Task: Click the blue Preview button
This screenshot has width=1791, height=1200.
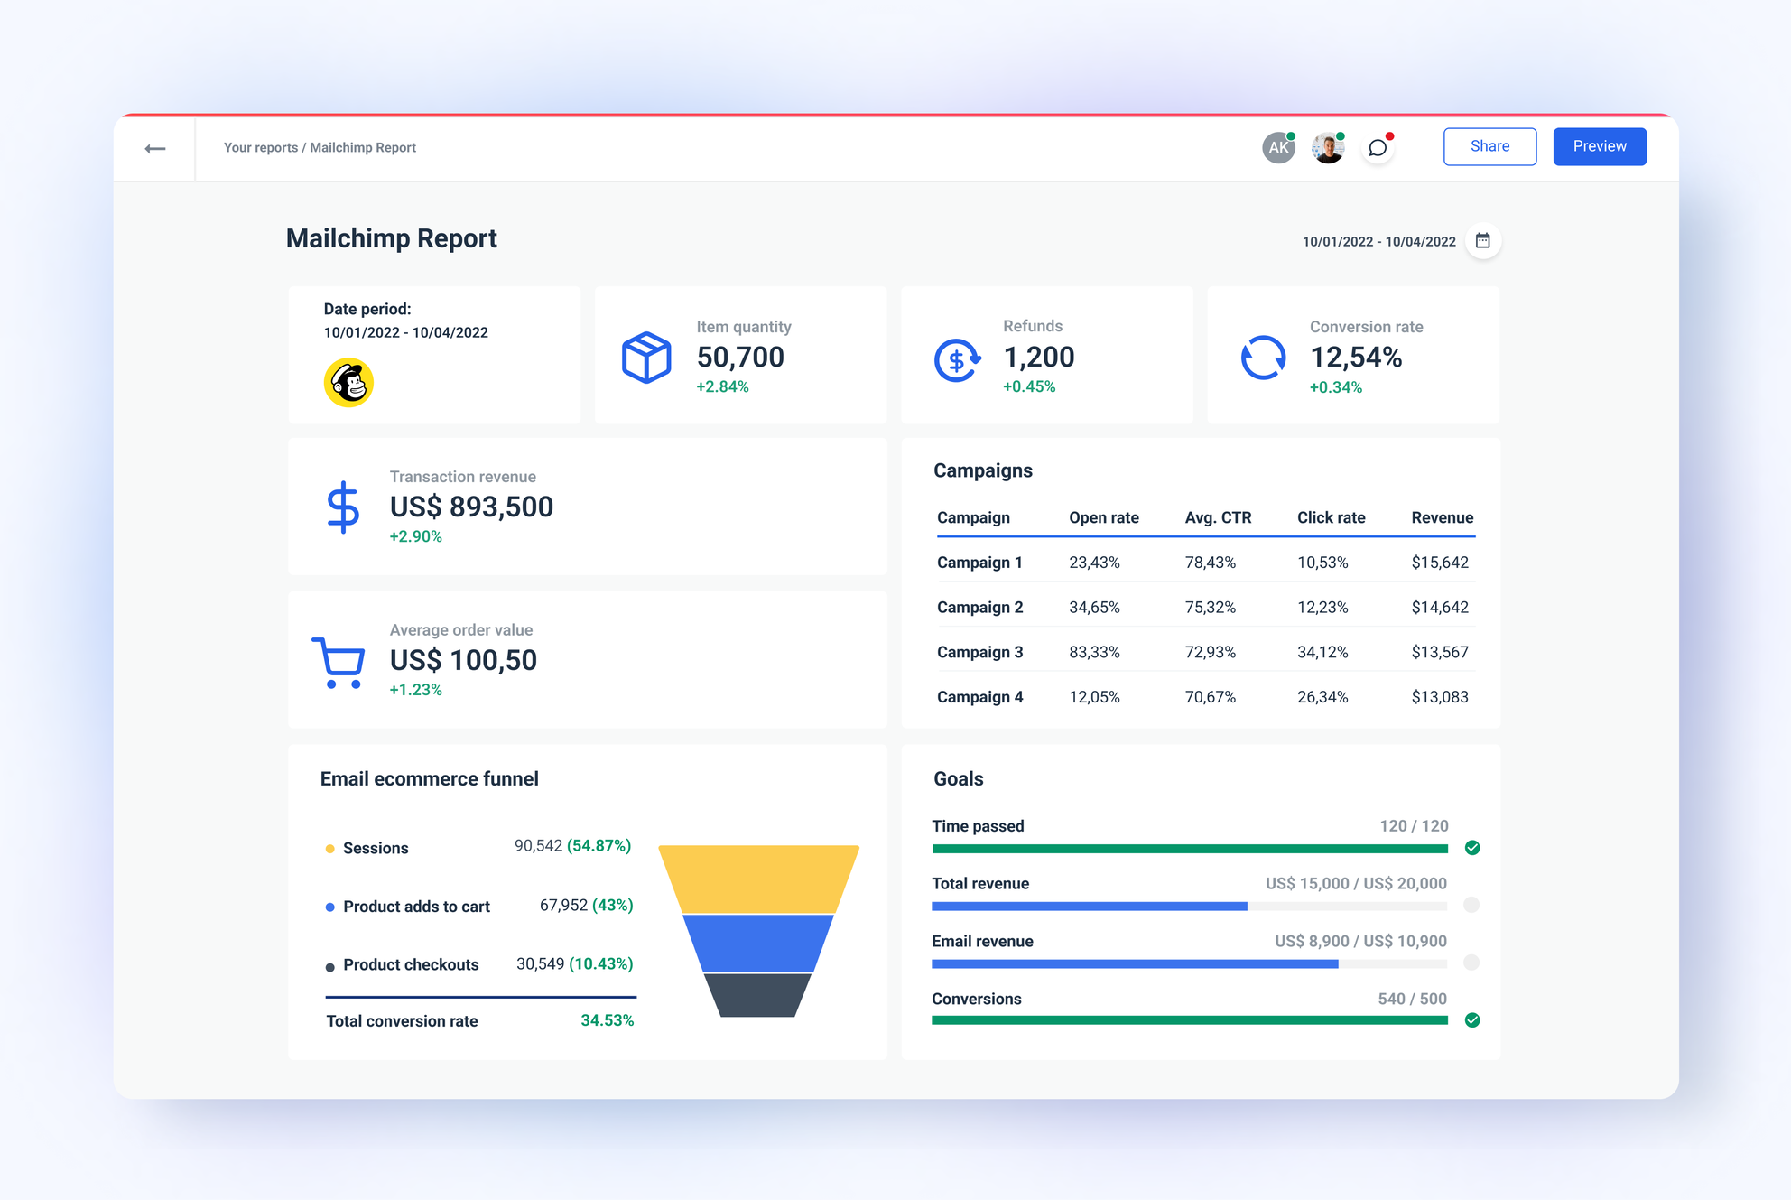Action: click(1599, 146)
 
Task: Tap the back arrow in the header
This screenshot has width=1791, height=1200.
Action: click(155, 148)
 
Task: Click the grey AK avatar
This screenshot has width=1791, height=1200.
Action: click(1277, 148)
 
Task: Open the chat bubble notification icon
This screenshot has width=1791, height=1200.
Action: click(1377, 148)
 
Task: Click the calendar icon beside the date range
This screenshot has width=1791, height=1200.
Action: click(1482, 240)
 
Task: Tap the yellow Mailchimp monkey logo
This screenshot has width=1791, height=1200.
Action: click(348, 383)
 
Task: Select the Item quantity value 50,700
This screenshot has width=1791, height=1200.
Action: click(739, 358)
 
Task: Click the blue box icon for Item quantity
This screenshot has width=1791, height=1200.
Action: click(646, 358)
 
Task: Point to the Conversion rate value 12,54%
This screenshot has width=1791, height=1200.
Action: click(1355, 358)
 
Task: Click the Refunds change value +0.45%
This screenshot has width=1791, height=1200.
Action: click(1028, 386)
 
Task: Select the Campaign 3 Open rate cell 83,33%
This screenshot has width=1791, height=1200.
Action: click(1094, 652)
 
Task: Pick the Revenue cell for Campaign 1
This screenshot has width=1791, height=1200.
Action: click(1439, 563)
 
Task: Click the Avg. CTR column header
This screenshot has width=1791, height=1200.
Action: click(1217, 517)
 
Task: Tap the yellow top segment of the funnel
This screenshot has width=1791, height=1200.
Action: click(758, 879)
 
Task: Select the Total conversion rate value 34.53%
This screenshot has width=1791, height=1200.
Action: click(607, 1020)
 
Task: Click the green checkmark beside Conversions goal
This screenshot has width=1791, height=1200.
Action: click(1472, 1020)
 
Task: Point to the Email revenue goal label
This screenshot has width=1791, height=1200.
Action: click(982, 941)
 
